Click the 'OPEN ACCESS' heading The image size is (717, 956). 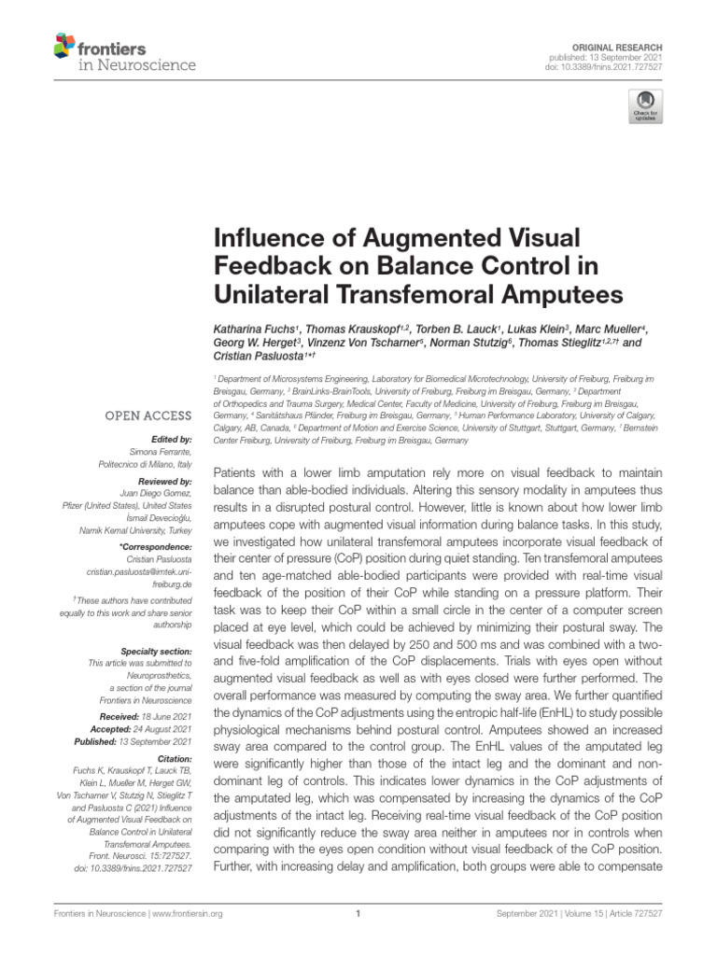(x=148, y=415)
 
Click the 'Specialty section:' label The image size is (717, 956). (x=158, y=650)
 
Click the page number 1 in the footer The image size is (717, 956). (x=358, y=914)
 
